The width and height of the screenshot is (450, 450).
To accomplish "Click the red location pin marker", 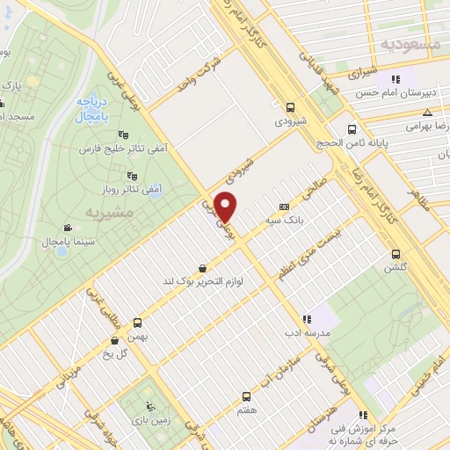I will [226, 207].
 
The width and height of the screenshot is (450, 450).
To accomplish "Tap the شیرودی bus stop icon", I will [290, 107].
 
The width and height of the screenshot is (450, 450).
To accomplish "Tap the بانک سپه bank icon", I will [282, 205].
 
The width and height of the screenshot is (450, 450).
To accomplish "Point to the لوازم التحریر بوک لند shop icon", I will [204, 268].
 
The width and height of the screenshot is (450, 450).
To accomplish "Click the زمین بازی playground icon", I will [149, 405].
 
